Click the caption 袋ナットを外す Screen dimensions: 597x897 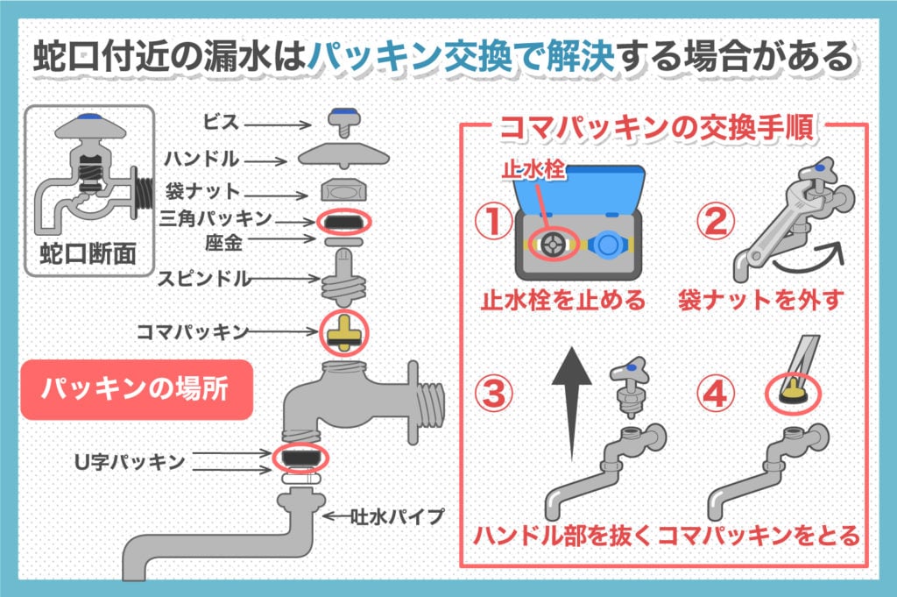coord(760,301)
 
